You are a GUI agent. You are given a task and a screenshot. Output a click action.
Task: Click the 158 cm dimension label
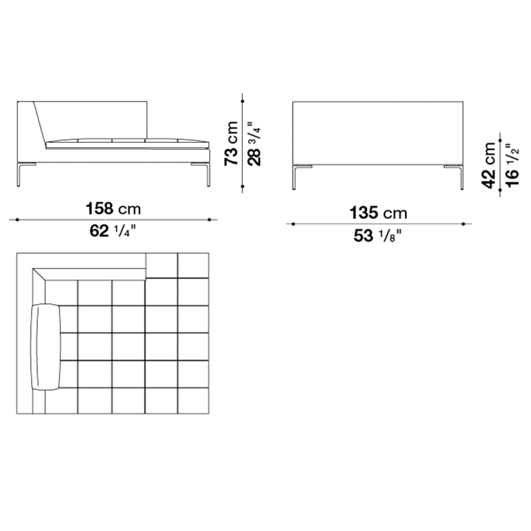coord(113,208)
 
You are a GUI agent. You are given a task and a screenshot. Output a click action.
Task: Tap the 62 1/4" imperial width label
coord(113,231)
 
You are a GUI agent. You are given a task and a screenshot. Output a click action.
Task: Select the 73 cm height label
coord(232,143)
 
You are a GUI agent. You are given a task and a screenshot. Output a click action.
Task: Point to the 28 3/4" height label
coord(255,143)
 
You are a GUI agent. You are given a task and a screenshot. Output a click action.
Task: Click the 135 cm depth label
coord(378,213)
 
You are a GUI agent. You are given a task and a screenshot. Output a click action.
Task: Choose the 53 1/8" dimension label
coord(378,236)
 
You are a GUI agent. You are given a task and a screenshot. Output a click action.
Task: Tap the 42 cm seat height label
coord(489,165)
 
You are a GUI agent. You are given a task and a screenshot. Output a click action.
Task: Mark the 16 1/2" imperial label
coord(512,165)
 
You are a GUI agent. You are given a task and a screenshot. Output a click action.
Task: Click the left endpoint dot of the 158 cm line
coord(17,220)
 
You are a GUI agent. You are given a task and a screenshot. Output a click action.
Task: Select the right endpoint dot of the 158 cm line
coord(209,220)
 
